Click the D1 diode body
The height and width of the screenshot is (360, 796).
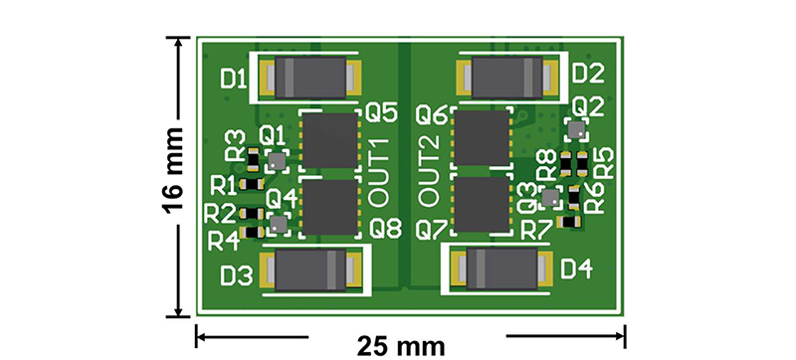click(x=310, y=77)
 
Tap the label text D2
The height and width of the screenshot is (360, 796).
click(x=588, y=75)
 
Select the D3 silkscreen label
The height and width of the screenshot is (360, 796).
click(x=237, y=276)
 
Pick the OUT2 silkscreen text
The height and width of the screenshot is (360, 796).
click(x=430, y=173)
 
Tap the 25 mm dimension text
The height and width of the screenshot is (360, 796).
click(x=401, y=347)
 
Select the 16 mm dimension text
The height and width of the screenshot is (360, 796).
click(x=171, y=171)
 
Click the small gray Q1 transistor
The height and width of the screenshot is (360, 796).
click(x=278, y=161)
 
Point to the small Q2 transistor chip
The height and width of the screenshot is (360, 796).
click(x=577, y=130)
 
